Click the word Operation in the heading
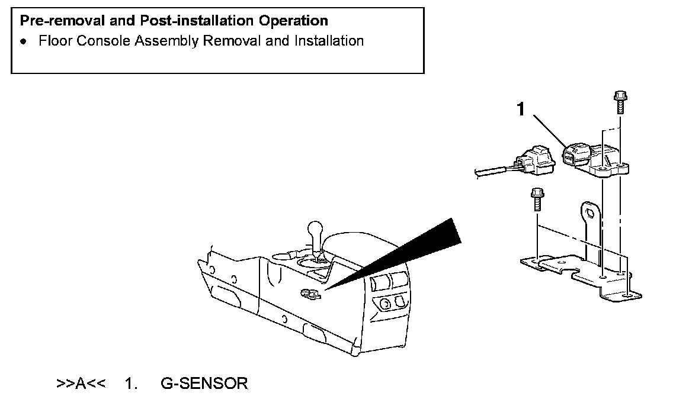[293, 21]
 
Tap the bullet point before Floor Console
[23, 42]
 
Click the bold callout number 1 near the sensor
[521, 110]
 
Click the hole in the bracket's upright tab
[589, 211]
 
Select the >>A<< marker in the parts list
[81, 384]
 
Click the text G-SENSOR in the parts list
[204, 384]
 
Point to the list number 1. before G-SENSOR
[130, 384]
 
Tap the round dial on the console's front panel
[384, 304]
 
